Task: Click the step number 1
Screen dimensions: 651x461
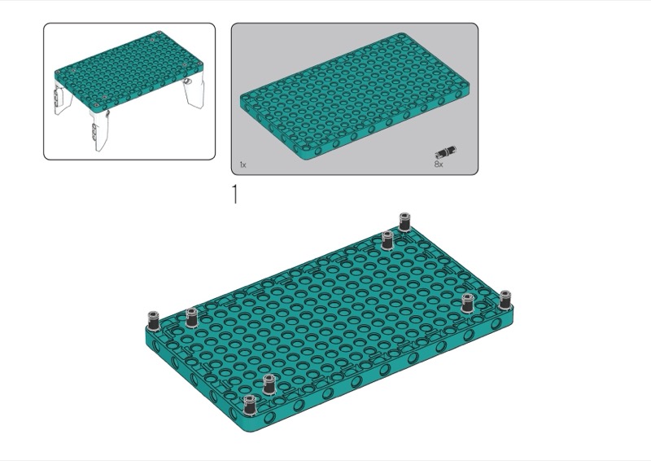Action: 235,195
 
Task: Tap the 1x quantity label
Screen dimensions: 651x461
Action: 242,165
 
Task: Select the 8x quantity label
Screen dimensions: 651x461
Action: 439,165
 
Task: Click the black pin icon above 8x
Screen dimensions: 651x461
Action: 445,151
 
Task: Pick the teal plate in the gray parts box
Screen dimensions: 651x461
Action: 356,96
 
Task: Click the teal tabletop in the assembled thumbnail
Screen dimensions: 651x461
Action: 129,71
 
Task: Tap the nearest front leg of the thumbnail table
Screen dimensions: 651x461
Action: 99,130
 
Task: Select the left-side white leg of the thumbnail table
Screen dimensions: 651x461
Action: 62,99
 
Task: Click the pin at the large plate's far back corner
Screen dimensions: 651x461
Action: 404,222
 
